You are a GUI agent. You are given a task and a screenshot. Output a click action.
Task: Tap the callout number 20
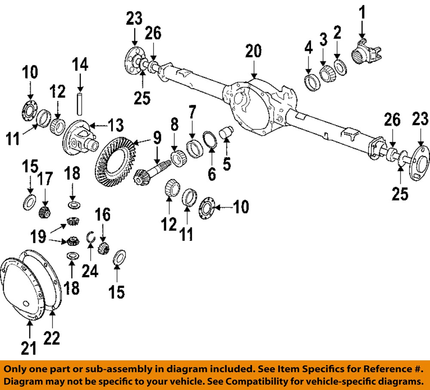click(254, 52)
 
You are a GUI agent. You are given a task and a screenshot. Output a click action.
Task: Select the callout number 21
click(29, 347)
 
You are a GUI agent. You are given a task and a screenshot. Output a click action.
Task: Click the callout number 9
click(157, 138)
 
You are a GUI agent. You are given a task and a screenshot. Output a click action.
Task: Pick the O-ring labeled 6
click(209, 140)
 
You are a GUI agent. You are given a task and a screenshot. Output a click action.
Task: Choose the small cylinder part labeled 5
click(226, 131)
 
